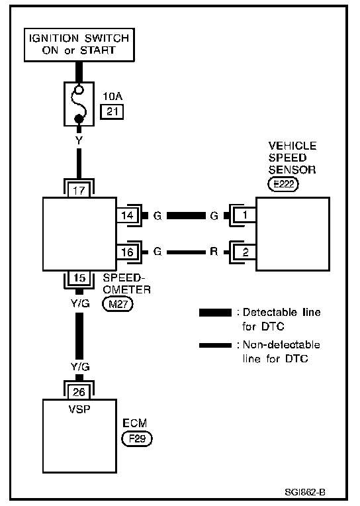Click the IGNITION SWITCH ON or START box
point(79,44)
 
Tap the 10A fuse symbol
point(79,104)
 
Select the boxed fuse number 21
point(112,112)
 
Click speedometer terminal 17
point(79,190)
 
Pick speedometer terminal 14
point(127,215)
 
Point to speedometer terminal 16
point(127,252)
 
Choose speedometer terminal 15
point(79,278)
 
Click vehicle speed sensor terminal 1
point(245,215)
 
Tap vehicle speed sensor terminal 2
point(245,252)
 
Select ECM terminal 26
point(79,392)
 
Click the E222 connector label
point(283,184)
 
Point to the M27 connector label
point(118,304)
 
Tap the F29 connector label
point(137,439)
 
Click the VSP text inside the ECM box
point(79,409)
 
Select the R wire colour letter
point(214,252)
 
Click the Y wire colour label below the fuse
point(79,140)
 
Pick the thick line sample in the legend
point(215,313)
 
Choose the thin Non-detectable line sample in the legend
point(215,345)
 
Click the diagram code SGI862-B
point(305,492)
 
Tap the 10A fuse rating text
point(112,96)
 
